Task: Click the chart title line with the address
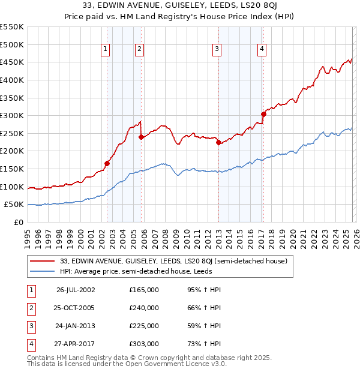click(179, 7)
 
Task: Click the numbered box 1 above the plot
click(106, 50)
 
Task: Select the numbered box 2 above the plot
click(139, 50)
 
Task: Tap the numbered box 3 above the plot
click(217, 50)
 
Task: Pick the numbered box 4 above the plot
click(262, 50)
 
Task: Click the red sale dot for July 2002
click(107, 163)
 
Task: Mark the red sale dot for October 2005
click(142, 137)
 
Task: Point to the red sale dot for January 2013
click(218, 142)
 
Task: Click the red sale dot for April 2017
click(263, 114)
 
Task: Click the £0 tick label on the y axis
click(18, 223)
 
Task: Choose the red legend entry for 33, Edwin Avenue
click(174, 261)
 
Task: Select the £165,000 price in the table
click(144, 290)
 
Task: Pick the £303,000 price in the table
click(144, 344)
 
